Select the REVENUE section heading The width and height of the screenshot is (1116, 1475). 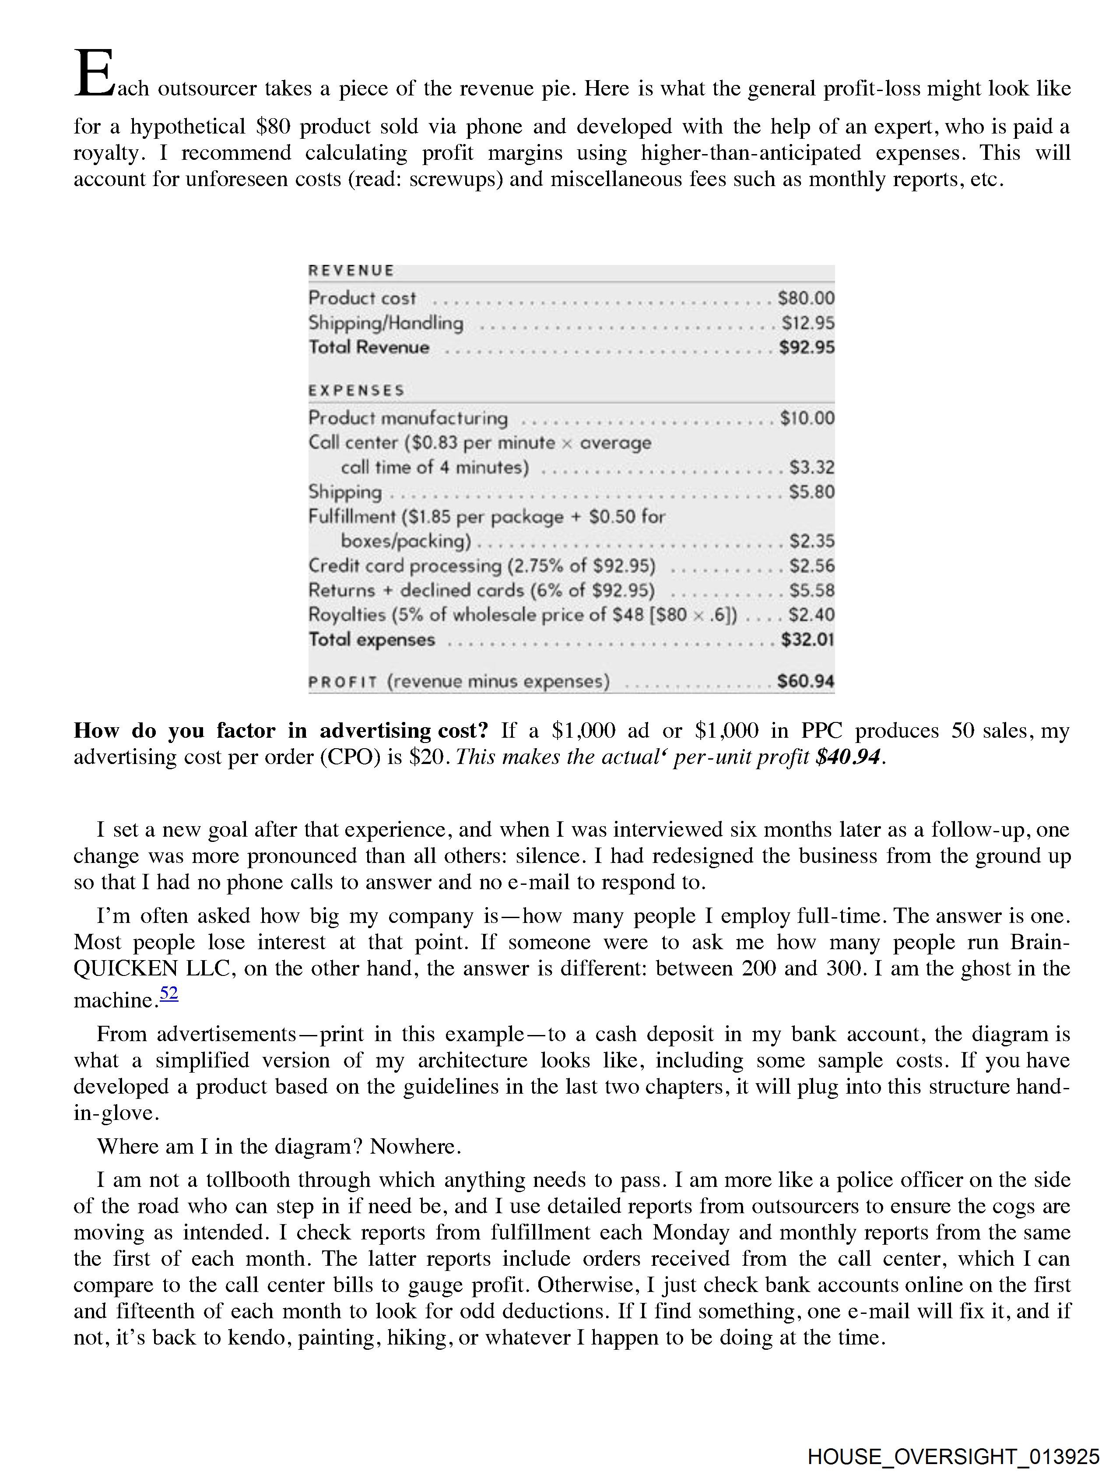[x=351, y=271]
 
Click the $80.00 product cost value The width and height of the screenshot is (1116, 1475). [x=805, y=298]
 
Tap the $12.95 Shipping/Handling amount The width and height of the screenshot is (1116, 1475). [x=807, y=323]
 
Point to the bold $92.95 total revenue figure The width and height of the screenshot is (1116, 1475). [x=807, y=348]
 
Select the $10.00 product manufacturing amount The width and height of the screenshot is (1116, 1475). [x=807, y=418]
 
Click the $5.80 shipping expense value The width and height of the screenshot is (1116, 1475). [x=811, y=492]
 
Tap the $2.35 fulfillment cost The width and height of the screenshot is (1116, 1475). [x=811, y=541]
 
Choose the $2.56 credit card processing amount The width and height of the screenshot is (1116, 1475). [x=811, y=566]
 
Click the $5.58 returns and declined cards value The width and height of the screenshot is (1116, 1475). [x=811, y=590]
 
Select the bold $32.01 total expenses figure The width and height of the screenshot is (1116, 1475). [x=807, y=640]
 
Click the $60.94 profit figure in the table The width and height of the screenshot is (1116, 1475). [x=805, y=682]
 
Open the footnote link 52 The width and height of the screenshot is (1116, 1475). [x=169, y=993]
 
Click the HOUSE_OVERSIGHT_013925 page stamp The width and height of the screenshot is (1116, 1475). [x=953, y=1456]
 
